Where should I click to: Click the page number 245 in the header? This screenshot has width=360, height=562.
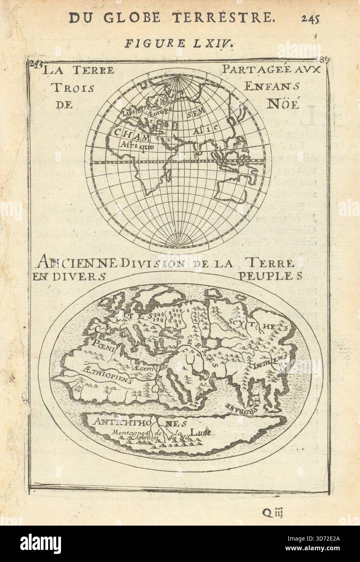310,18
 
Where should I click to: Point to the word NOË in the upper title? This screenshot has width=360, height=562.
283,104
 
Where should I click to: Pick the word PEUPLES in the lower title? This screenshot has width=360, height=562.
270,276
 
